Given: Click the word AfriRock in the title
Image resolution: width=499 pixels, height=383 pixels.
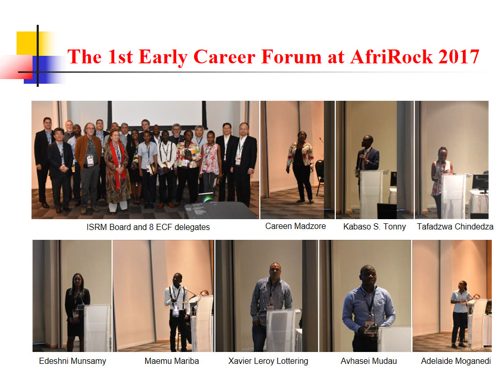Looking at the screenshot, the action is pos(392,57).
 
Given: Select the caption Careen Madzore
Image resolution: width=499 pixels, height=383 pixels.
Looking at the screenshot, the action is pos(295,226).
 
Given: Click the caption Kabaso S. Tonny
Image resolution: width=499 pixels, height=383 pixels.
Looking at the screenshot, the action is pos(374,227).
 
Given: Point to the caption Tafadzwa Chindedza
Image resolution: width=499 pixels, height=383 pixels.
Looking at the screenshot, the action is pos(455,227).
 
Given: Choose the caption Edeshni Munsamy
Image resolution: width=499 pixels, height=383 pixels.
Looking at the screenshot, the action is pos(72,361).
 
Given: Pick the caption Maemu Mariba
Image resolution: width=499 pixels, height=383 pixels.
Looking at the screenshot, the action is pos(171,361).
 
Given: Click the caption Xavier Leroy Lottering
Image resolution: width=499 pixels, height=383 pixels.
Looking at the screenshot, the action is pos(268,361).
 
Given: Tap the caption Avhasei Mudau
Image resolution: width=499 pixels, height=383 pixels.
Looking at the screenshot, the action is pos(368,361).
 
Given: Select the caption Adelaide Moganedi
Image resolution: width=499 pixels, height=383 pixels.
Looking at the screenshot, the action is pos(456,361).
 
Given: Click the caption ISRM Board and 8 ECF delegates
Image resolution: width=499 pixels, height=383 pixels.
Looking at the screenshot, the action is pos(148,227).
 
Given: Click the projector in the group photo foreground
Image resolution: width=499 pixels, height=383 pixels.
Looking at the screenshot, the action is pos(220,208).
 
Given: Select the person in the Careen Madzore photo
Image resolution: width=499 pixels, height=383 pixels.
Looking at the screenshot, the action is pos(301,167).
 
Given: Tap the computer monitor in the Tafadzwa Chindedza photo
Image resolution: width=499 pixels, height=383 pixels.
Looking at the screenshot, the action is pos(480,183).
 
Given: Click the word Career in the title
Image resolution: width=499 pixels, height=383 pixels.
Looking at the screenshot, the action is pos(224,57).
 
